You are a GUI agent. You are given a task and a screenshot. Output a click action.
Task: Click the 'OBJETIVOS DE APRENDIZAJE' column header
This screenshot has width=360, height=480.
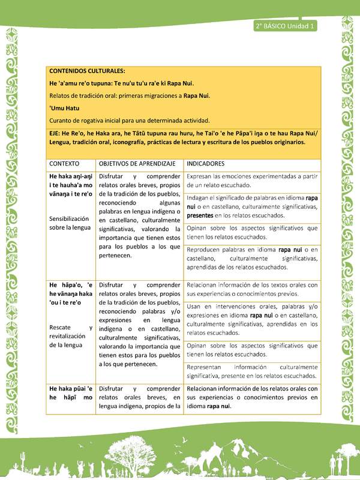[137, 163]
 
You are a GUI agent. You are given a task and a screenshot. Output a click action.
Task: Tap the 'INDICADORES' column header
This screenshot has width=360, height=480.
[206, 163]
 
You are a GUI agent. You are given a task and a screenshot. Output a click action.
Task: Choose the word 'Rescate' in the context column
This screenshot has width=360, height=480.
[61, 328]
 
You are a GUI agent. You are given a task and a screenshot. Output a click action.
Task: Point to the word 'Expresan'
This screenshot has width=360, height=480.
[201, 177]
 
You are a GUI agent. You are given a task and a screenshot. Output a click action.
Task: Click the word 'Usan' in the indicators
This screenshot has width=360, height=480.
[194, 307]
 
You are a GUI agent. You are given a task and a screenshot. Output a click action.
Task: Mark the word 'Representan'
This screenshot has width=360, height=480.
[208, 367]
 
